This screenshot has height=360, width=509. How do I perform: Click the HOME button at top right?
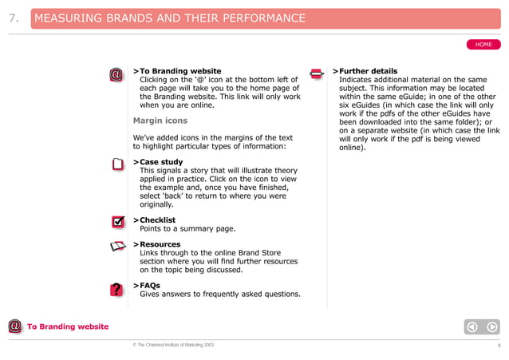point(483,44)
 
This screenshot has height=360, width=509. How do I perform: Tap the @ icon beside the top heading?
point(116,75)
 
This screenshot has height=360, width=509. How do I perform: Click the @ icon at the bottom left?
point(14,326)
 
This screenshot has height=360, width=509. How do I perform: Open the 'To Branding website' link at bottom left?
point(68,326)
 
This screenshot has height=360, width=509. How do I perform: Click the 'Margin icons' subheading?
point(160,121)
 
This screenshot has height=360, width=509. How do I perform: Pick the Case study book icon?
point(117,165)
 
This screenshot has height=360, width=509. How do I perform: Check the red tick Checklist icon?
point(117,221)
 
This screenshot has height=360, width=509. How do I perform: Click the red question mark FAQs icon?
point(116,289)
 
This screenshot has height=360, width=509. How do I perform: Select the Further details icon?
point(316,74)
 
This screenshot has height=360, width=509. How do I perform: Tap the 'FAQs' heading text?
point(149,285)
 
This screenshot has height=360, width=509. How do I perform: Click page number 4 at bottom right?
point(498,346)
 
